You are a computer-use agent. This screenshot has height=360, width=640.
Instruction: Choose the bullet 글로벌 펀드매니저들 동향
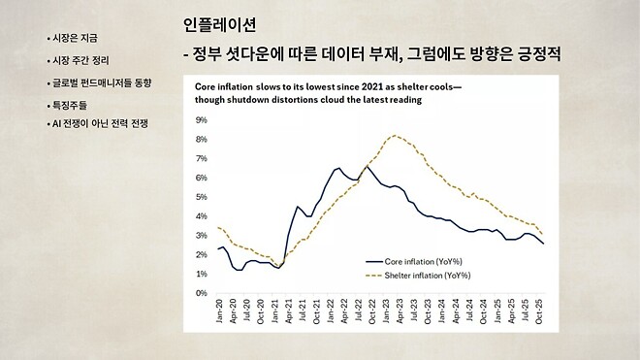pos(104,83)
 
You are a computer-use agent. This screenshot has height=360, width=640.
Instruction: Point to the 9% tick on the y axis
pos(202,120)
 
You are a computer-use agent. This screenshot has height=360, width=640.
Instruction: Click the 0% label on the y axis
pos(202,293)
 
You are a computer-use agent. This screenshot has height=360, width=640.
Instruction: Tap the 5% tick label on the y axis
pos(202,197)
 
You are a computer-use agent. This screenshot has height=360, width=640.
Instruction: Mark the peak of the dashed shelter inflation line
pos(393,136)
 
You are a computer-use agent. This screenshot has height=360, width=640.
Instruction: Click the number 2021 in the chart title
pos(352,86)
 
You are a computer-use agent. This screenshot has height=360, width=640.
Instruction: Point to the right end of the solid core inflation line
pos(543,244)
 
